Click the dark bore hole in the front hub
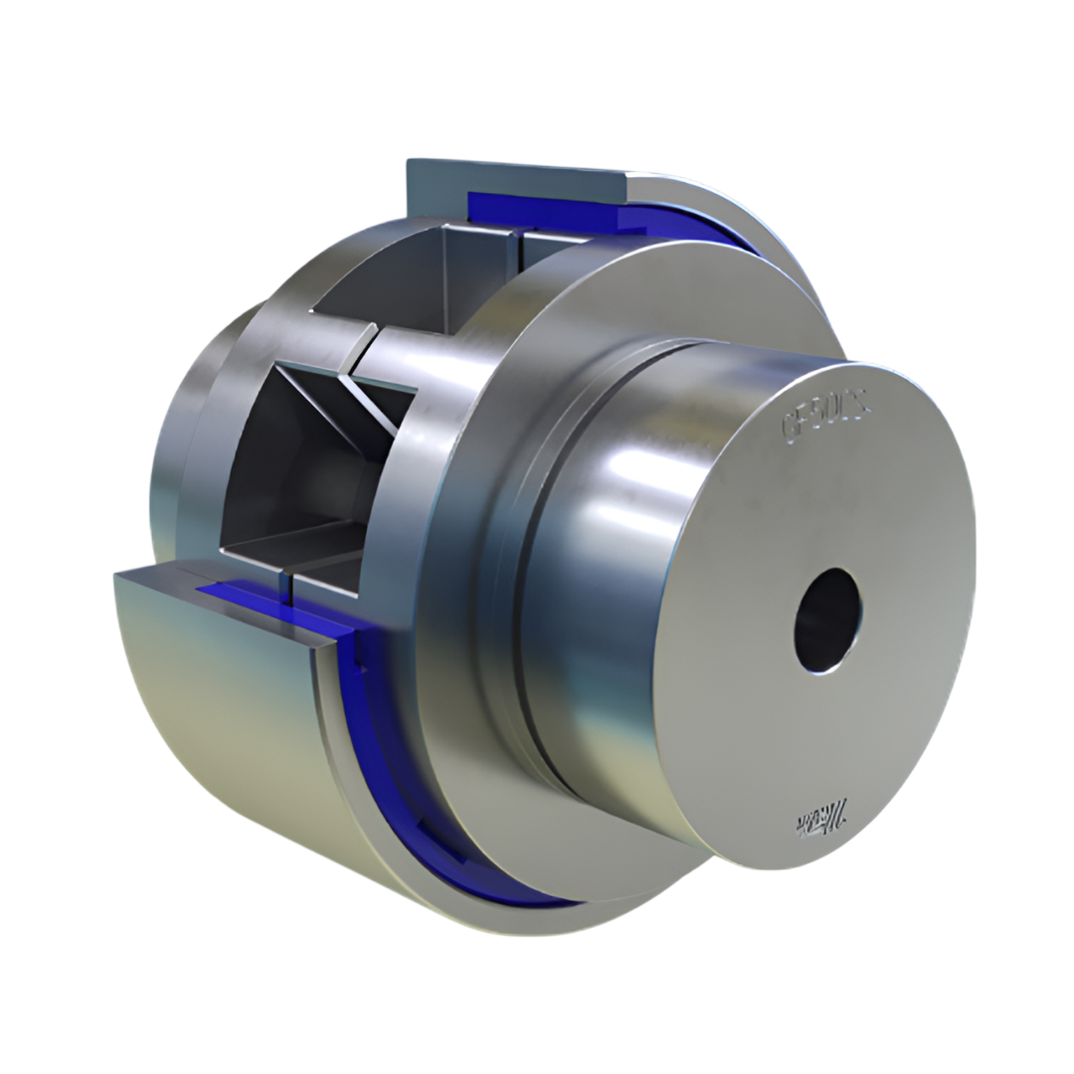point(826,621)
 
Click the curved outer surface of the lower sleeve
point(229,756)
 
